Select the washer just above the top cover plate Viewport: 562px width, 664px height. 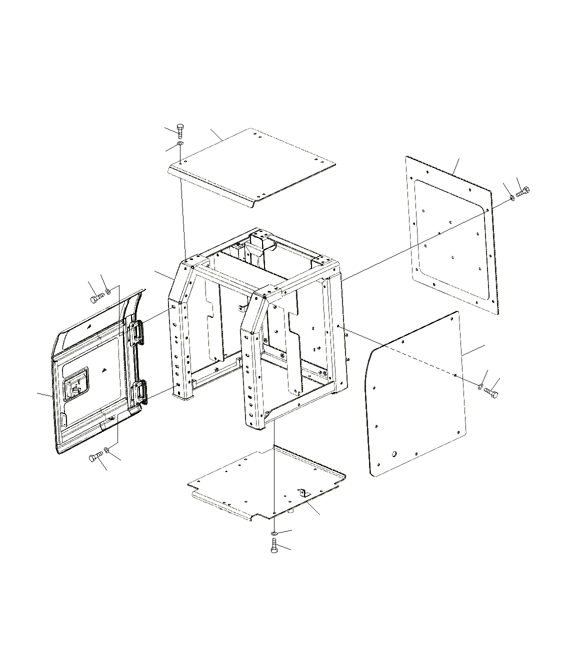180,145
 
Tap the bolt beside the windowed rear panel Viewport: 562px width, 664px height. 523,191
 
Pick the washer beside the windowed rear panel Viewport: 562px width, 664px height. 512,198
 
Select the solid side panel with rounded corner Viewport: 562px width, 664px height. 415,395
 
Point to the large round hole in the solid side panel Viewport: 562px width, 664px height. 395,454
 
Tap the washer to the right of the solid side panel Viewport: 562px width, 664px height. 480,386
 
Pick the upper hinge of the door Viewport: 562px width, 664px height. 136,331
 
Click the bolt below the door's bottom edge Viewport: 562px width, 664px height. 95,457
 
